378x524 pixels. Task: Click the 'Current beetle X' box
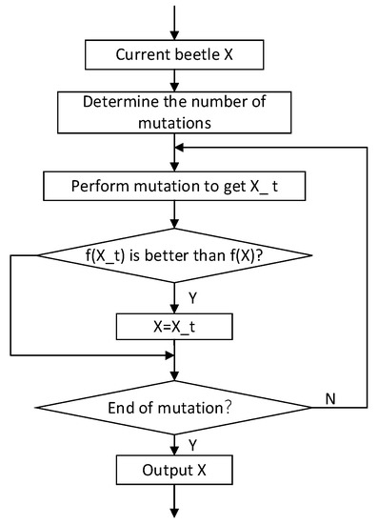(174, 54)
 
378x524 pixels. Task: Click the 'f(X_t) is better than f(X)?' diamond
(174, 255)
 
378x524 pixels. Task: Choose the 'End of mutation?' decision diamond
(174, 408)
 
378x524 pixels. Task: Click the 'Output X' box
(174, 471)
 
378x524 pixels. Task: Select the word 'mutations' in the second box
(174, 121)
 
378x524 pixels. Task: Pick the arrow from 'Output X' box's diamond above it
(174, 444)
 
